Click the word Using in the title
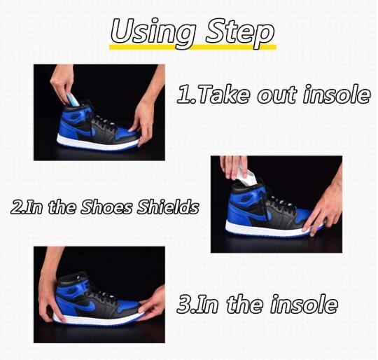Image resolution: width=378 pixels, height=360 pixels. [x=153, y=32]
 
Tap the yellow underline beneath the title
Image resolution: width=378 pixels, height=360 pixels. [x=192, y=47]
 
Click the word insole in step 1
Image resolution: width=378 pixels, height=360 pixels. [x=337, y=95]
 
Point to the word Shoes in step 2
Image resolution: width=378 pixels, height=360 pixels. [x=107, y=207]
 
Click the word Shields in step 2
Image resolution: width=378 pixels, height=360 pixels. [x=168, y=207]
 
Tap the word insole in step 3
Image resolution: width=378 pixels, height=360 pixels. [x=304, y=304]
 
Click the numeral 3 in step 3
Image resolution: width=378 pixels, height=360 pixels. [x=182, y=304]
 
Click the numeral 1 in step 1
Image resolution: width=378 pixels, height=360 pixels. [x=183, y=95]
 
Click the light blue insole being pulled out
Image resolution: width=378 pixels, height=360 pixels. [x=73, y=99]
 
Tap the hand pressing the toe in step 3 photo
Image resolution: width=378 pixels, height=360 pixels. [x=152, y=303]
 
